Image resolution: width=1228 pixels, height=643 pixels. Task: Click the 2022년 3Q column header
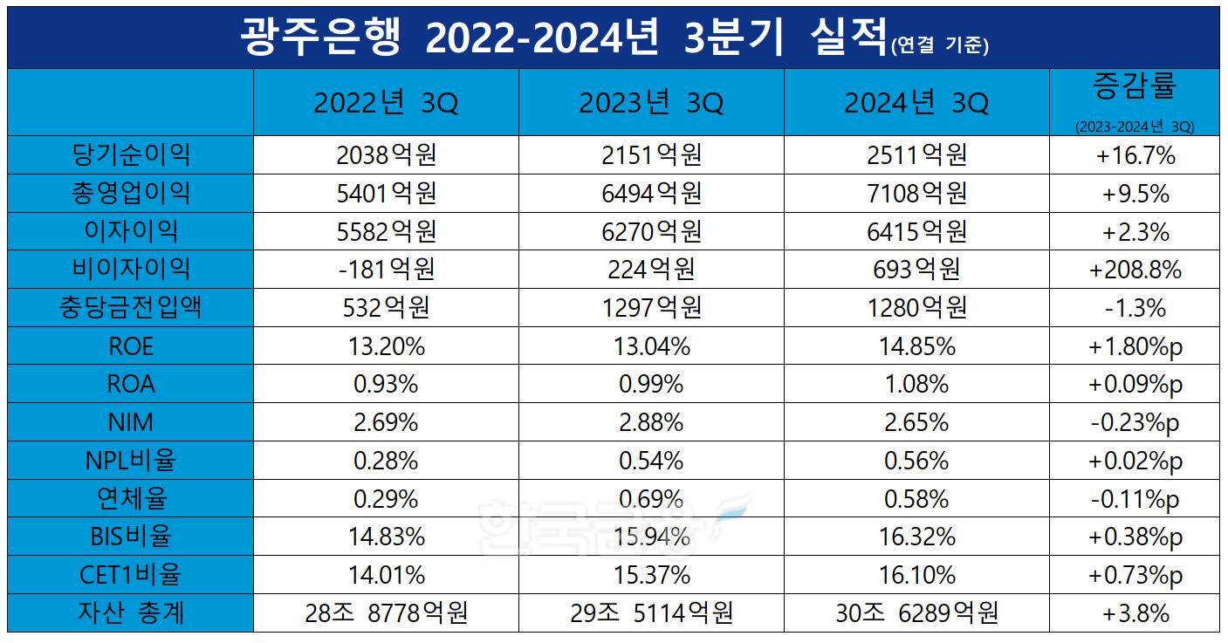[x=386, y=104]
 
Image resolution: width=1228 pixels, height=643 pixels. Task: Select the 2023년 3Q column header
[x=651, y=104]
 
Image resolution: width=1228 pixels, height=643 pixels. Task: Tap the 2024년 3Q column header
[x=916, y=104]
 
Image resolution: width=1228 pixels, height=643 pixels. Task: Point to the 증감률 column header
[x=1134, y=87]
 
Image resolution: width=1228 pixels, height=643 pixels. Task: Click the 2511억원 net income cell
[x=916, y=155]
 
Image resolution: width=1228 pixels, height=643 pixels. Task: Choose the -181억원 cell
[x=386, y=270]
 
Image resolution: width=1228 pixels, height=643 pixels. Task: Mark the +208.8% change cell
[x=1134, y=270]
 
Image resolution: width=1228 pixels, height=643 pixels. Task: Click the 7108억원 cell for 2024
[x=916, y=194]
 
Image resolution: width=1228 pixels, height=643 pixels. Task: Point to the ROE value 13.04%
[x=651, y=346]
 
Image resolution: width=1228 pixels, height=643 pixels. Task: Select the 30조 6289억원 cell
[x=916, y=613]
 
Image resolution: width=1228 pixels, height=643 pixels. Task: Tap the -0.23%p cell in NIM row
[x=1134, y=423]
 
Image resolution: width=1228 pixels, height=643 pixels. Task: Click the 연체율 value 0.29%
[x=386, y=499]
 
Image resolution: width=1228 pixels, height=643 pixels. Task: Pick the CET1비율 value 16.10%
[x=916, y=576]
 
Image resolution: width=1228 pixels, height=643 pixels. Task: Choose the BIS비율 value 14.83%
[x=386, y=537]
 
